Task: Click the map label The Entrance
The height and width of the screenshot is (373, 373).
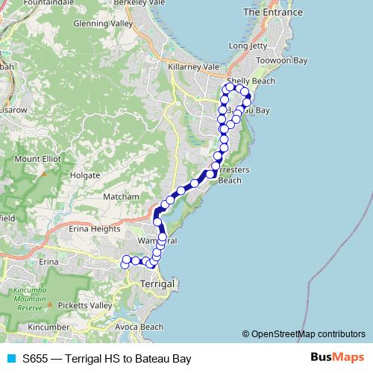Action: [273, 13]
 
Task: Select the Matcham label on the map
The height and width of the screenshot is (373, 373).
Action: [122, 196]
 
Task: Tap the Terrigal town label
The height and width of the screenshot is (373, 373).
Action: [157, 284]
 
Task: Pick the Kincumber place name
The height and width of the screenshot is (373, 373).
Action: [48, 327]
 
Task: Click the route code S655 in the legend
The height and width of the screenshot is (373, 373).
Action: [36, 359]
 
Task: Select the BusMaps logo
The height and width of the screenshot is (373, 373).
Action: [336, 358]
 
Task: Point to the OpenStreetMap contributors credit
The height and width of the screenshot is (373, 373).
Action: [307, 333]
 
